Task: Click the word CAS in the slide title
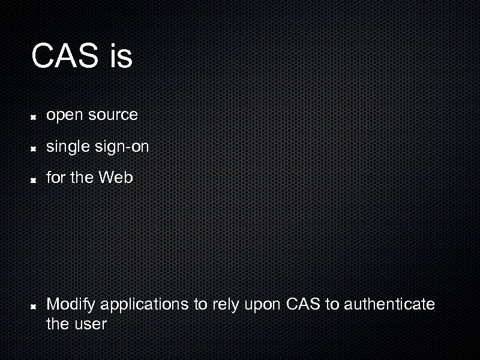65,56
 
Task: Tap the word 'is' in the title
121,56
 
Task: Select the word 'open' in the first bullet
65,115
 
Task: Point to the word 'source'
113,115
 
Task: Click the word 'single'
68,146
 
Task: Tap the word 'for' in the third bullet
55,178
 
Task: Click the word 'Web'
116,178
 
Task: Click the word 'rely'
225,305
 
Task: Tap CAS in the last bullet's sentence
304,304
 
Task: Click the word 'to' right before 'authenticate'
332,304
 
